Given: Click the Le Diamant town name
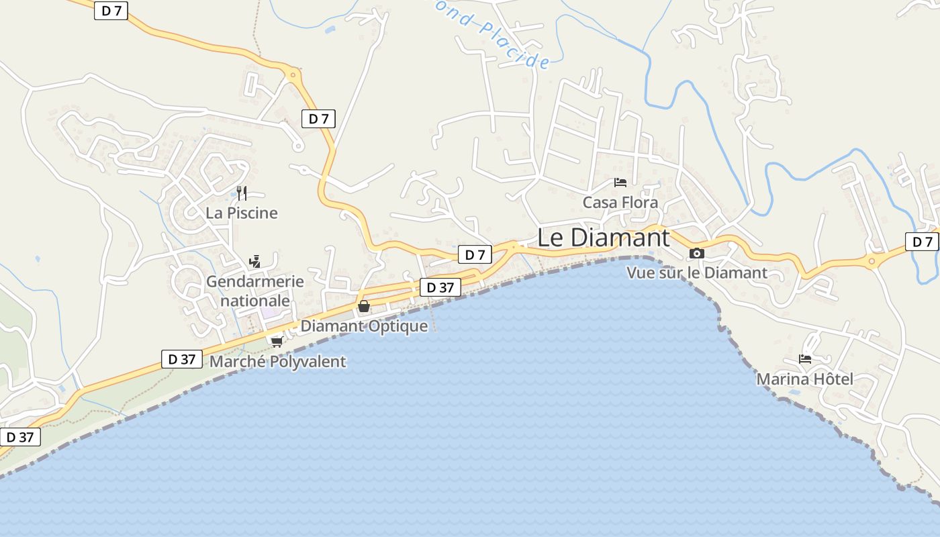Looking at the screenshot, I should click(603, 238).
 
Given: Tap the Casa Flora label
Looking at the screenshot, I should click(620, 202).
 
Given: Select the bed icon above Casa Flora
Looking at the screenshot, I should click(620, 182).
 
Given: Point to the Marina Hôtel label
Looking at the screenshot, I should click(804, 379).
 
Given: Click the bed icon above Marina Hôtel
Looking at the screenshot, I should click(805, 359).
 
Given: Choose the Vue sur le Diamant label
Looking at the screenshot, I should click(696, 273).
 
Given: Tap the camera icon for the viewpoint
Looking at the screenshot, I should click(697, 253).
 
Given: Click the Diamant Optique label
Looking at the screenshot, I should click(363, 326).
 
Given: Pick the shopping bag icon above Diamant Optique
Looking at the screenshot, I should click(364, 307).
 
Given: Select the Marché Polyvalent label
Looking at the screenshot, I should click(277, 362).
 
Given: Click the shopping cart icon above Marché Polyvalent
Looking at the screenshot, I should click(277, 342).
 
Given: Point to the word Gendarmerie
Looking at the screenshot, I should click(254, 282).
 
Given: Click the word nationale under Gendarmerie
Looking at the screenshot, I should click(255, 300).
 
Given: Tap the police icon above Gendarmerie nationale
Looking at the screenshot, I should click(254, 262).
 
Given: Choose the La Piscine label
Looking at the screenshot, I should click(241, 213).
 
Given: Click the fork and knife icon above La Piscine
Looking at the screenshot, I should click(242, 193).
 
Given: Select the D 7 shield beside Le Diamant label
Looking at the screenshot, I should click(475, 254).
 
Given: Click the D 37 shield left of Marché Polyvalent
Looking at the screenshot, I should click(182, 359).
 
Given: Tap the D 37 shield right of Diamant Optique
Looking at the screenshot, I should click(440, 287).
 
